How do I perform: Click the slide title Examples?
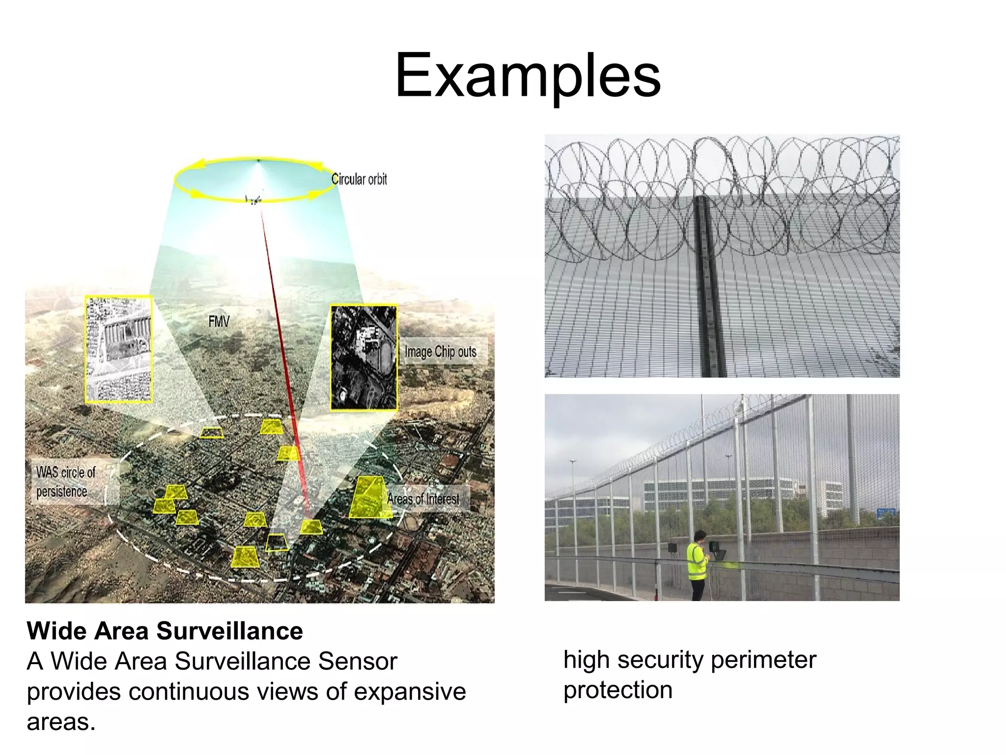528,76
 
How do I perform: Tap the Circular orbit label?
359,179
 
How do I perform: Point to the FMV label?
219,321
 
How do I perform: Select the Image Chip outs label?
440,351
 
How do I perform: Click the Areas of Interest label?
423,498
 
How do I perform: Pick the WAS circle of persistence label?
65,482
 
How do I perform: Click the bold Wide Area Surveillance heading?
165,631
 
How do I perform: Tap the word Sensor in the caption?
357,661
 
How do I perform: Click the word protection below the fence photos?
617,690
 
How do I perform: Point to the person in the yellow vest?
698,565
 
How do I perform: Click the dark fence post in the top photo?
709,285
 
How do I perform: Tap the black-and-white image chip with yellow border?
363,357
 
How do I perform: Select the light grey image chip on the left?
118,349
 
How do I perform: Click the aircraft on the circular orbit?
253,199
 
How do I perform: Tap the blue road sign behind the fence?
886,513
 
